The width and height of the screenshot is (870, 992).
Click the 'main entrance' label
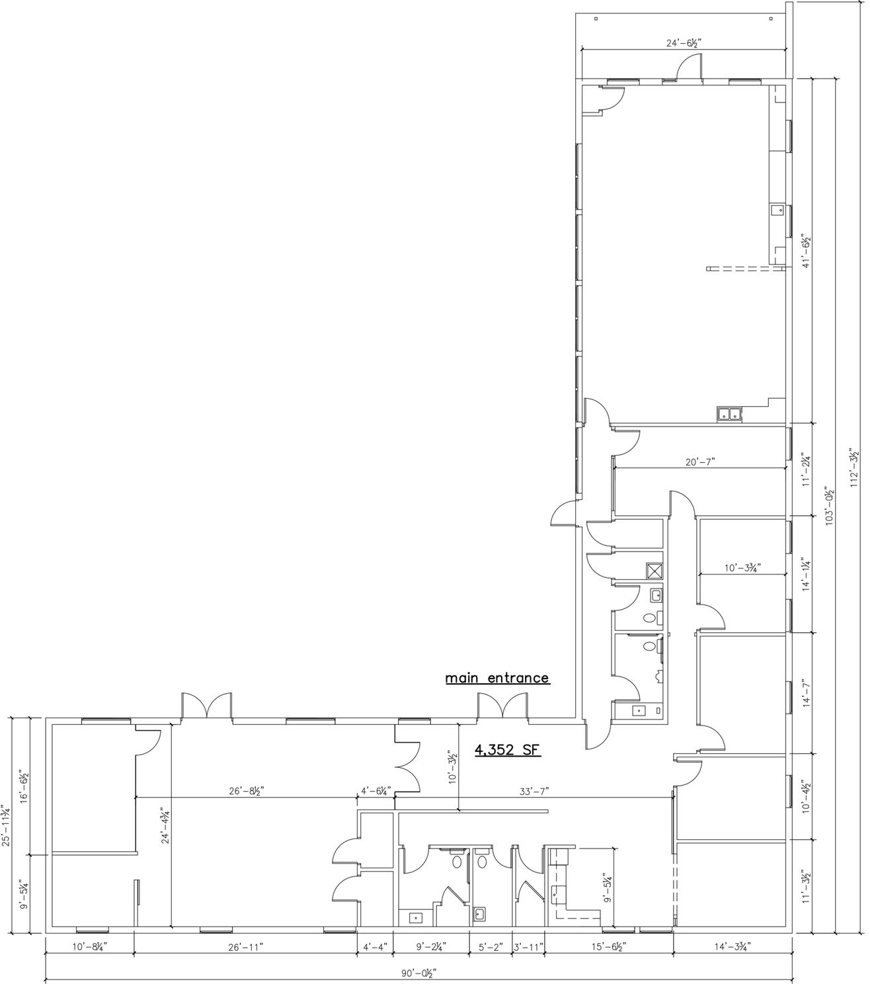coord(497,678)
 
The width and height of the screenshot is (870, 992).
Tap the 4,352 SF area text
coord(508,750)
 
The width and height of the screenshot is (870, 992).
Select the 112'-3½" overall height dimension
coord(854,467)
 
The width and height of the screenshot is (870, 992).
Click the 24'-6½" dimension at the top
coord(684,43)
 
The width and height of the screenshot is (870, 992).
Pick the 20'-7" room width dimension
coord(700,461)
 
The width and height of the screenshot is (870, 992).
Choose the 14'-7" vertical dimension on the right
coord(807,693)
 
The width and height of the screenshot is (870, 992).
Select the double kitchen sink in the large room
coord(729,414)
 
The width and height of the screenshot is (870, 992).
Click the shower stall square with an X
coord(654,571)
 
